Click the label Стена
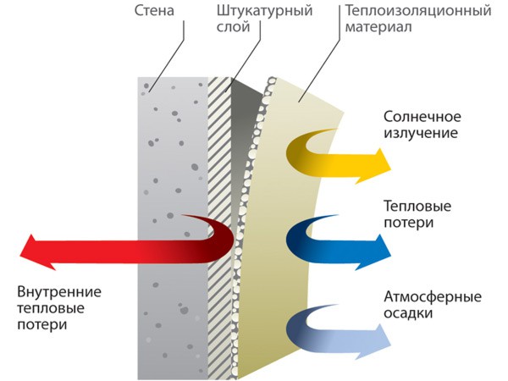click(155, 13)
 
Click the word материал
click(373, 29)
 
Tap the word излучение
click(422, 133)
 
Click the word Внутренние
click(59, 292)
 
